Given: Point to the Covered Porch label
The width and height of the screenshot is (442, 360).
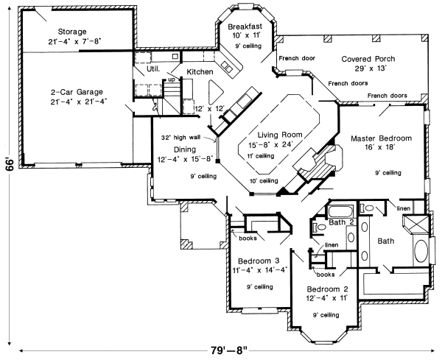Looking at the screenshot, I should [366, 58].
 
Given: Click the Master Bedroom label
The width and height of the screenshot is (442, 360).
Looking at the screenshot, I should [380, 138].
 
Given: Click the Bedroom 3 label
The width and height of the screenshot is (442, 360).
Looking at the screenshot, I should [257, 260].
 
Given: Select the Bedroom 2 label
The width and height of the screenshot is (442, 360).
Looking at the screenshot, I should [326, 288].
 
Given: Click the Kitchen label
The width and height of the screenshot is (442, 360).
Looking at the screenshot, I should [199, 71].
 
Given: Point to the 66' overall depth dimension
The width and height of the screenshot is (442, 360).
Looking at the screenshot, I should [9, 163].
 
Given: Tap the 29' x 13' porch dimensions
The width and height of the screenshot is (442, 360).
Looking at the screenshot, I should [367, 68].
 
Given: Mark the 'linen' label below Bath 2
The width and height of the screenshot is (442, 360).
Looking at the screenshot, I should [331, 244].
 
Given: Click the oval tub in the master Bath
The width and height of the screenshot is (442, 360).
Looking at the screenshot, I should [422, 252].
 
